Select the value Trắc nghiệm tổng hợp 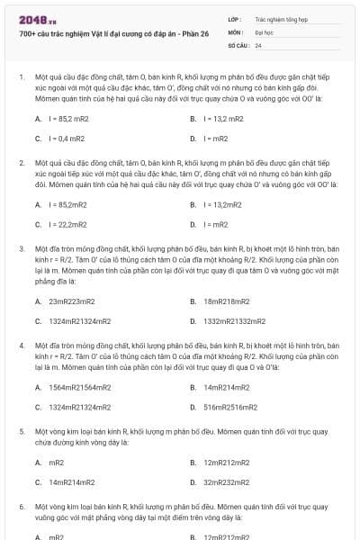278,18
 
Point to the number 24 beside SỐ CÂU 258,45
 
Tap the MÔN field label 236,31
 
